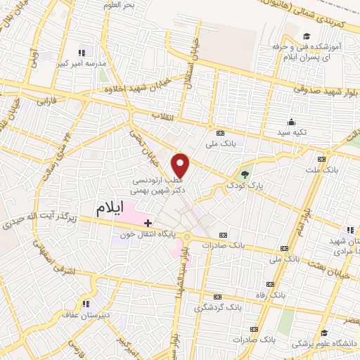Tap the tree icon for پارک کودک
click(x=245, y=174)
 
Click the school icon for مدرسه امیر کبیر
click(x=82, y=52)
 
